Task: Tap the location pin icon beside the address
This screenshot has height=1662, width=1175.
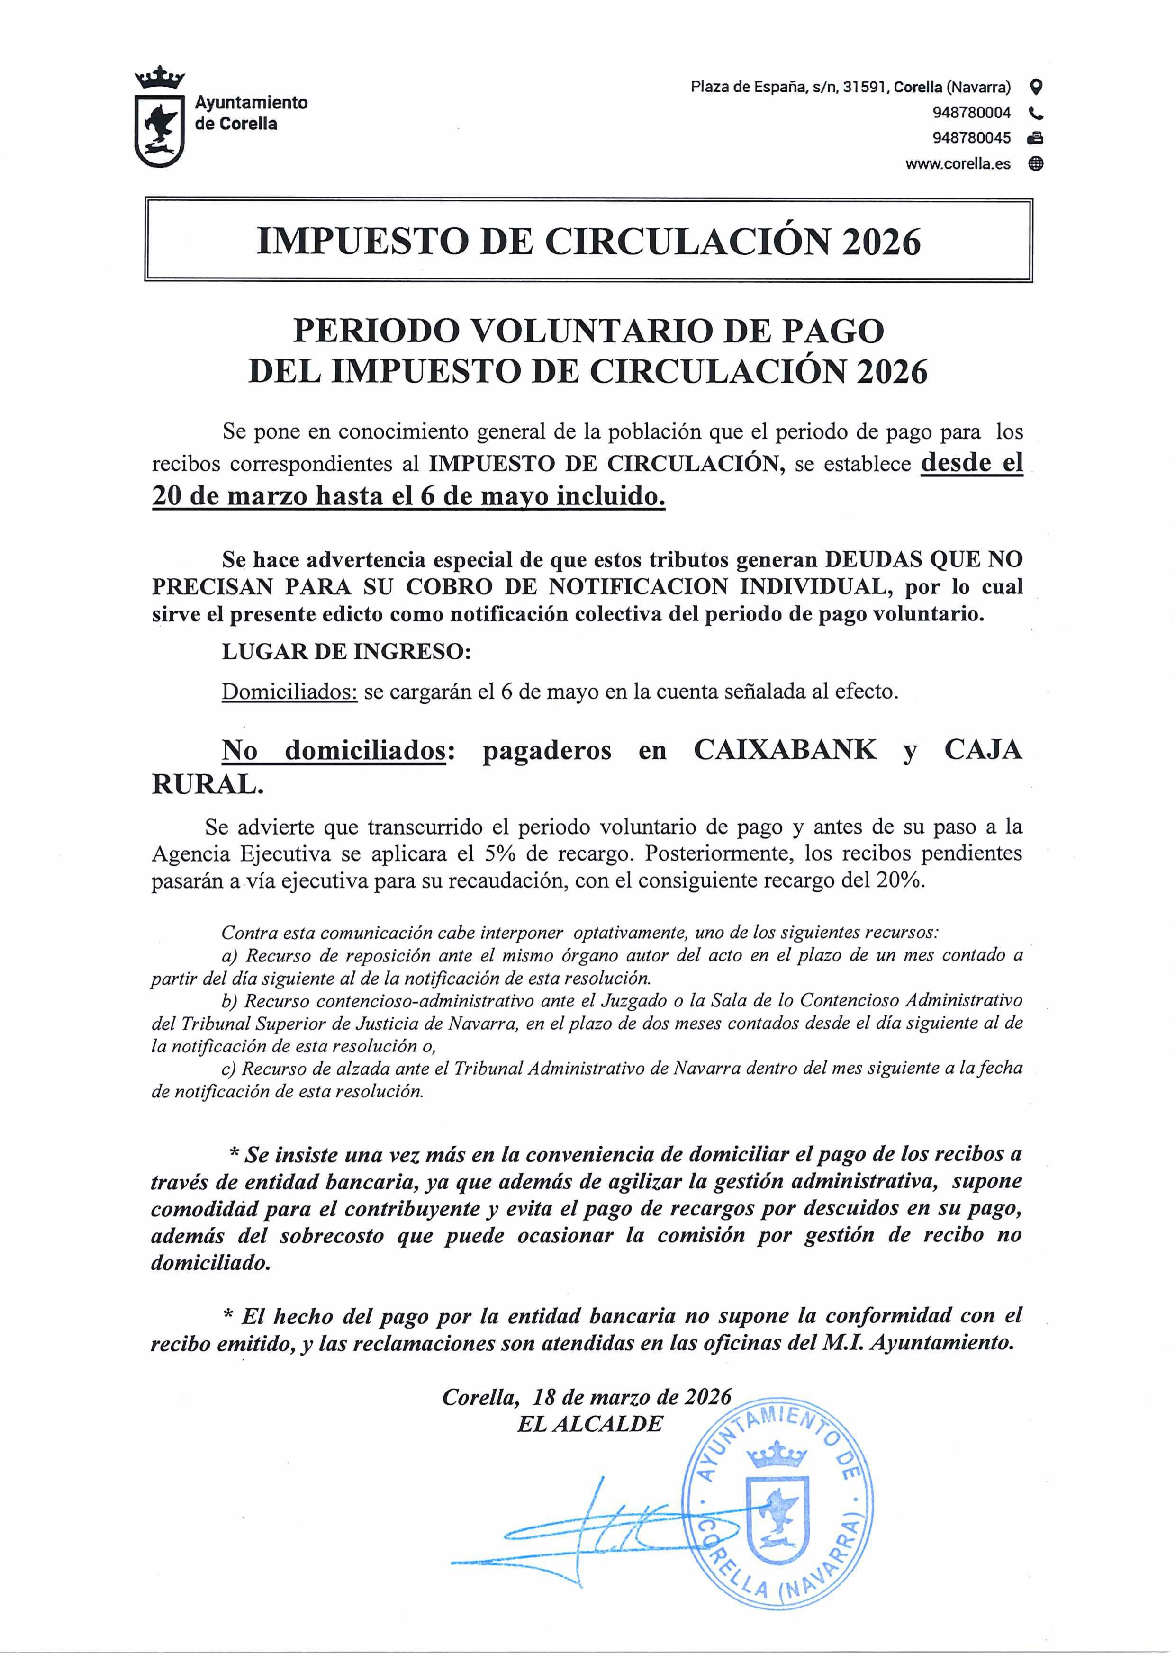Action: [1036, 88]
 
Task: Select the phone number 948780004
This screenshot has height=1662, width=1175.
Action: [972, 113]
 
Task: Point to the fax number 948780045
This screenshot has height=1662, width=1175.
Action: [972, 137]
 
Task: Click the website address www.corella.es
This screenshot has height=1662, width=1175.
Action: [958, 163]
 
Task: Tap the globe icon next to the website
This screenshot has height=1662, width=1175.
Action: [1036, 163]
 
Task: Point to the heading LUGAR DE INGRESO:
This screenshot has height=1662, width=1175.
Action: [346, 651]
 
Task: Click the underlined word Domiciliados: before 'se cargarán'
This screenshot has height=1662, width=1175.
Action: [289, 692]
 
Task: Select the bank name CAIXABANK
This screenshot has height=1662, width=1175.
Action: [785, 750]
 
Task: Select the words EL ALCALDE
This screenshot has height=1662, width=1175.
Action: [590, 1424]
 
